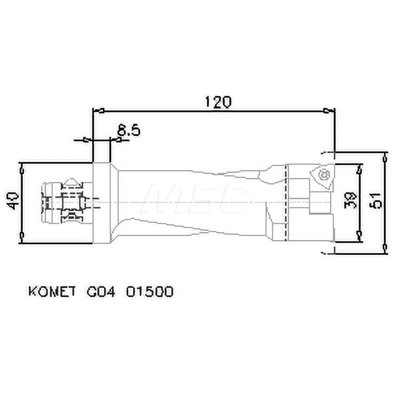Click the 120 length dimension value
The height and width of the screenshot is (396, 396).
coord(217,102)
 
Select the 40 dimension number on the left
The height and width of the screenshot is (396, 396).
coord(13,201)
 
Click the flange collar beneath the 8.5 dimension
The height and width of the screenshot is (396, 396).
coord(101,202)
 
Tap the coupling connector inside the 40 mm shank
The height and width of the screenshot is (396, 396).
coord(65,202)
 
